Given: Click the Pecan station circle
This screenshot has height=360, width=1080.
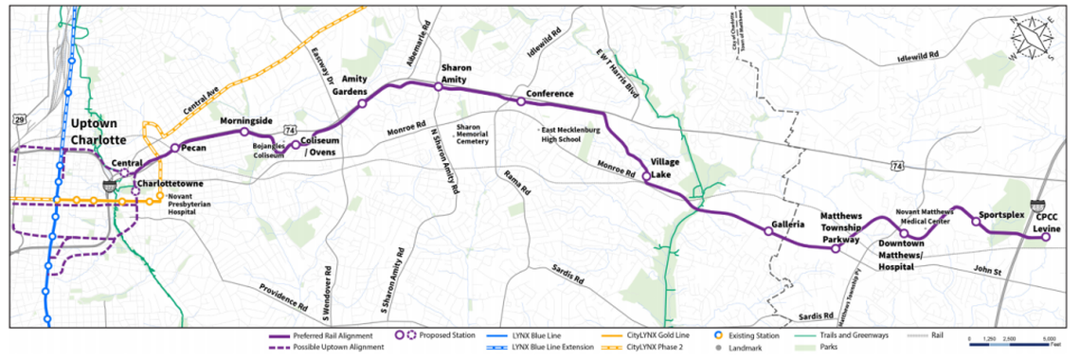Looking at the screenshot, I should tap(174, 149).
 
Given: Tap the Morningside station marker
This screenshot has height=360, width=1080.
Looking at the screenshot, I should tap(243, 133).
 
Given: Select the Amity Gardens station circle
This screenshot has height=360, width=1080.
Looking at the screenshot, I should tap(362, 104).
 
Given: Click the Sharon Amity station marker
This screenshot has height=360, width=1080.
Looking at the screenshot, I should tap(438, 86).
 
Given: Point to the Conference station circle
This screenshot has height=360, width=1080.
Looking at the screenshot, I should tap(520, 101).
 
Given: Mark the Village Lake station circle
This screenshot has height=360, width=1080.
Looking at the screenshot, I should tap(646, 176).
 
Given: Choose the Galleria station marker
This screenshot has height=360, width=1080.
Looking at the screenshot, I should tap(767, 231).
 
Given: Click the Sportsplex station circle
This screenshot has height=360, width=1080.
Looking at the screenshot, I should tap(976, 223).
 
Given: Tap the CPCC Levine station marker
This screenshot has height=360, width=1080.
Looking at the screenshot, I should tap(1046, 238).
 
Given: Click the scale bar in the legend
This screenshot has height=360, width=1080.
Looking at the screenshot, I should tap(1010, 342).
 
